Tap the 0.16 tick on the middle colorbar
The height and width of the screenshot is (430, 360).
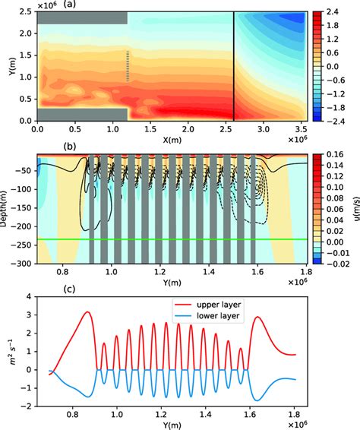tap(344, 155)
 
